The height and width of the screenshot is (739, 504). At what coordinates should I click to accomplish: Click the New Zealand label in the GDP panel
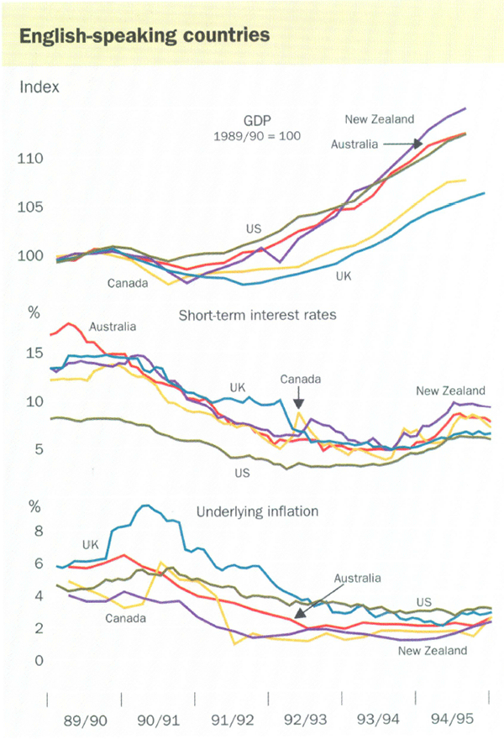pyautogui.click(x=380, y=119)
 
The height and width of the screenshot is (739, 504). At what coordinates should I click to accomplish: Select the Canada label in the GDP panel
pyautogui.click(x=128, y=283)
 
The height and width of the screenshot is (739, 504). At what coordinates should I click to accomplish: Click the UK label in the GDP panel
pyautogui.click(x=343, y=275)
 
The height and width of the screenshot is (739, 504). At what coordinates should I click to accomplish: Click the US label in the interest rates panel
pyautogui.click(x=243, y=473)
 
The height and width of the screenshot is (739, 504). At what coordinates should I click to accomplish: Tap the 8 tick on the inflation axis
pyautogui.click(x=37, y=531)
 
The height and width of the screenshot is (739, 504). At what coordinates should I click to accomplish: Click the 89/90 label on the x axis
pyautogui.click(x=86, y=720)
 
